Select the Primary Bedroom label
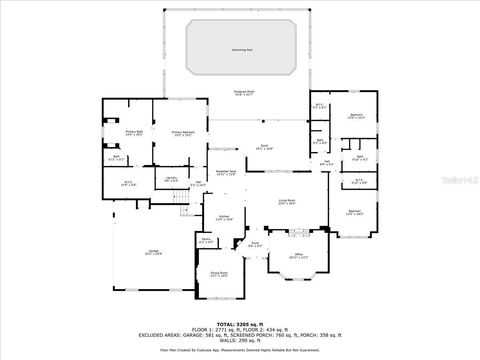182,133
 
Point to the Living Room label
287,203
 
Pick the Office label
297,257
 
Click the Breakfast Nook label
226,172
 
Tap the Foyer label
256,244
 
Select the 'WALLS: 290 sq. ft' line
239,341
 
